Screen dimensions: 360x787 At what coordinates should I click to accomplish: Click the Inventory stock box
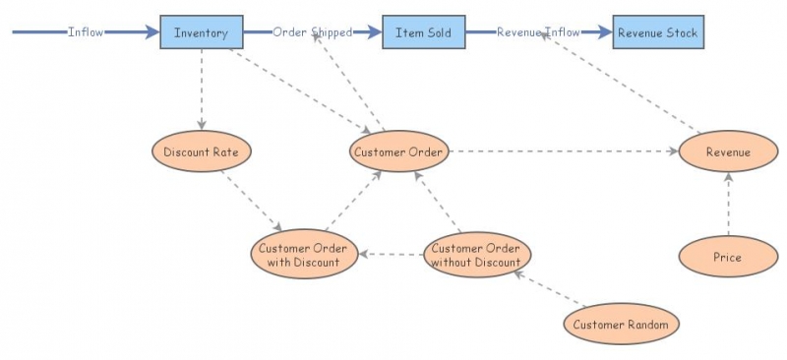202,32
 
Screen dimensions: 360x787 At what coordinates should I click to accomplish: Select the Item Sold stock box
423,32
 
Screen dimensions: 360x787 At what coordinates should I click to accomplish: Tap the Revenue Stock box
657,32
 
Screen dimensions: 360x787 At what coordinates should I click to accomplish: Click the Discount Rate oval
202,151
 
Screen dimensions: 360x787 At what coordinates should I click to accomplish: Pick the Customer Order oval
399,151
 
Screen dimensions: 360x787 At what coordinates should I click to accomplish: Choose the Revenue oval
728,151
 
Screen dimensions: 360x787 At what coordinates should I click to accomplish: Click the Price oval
728,257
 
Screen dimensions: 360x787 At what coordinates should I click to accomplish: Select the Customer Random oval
621,324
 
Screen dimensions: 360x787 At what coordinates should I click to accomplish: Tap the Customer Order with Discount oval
303,254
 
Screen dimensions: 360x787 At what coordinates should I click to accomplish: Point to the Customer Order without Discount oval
476,254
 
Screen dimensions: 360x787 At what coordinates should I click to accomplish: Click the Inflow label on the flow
86,32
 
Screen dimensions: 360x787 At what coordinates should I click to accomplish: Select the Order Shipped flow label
312,32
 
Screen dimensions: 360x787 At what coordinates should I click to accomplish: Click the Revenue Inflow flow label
538,32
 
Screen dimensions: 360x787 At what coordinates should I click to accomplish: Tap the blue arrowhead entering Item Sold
374,32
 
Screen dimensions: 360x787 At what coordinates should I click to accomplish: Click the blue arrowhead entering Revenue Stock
604,32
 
